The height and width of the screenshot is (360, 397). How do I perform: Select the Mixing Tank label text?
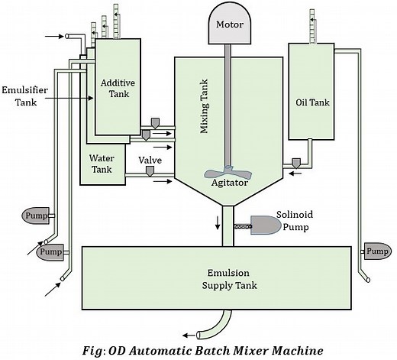[204, 115]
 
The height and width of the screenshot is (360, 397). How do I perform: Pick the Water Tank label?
[102, 165]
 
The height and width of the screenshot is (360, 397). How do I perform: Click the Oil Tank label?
[311, 101]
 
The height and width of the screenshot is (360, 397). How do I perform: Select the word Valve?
[150, 161]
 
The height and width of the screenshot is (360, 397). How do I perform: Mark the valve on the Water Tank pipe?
[150, 174]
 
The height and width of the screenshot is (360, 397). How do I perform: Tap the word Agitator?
[228, 183]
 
